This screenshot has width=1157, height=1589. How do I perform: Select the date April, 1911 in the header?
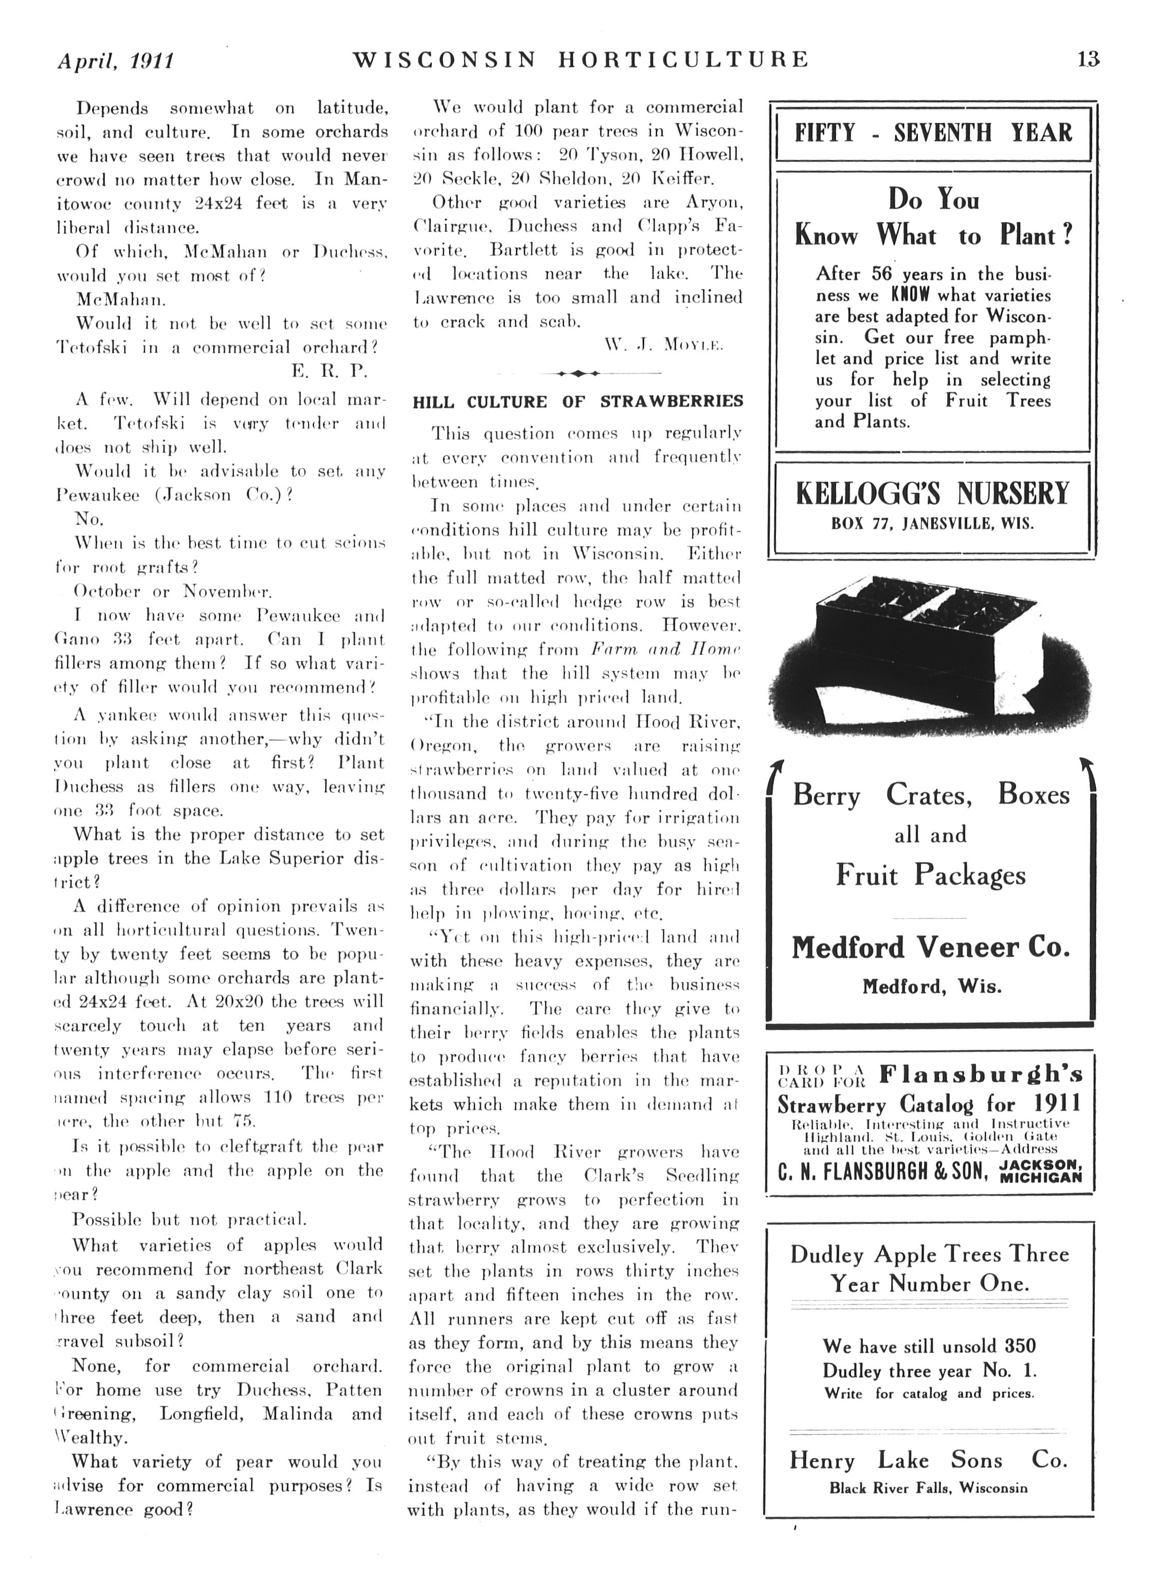click(115, 61)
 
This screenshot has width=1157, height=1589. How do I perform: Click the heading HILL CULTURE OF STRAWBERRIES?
click(577, 401)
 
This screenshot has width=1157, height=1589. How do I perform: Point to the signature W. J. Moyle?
click(662, 345)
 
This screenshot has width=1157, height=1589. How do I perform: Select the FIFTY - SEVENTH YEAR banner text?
click(933, 133)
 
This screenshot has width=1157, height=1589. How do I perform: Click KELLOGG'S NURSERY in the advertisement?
click(932, 493)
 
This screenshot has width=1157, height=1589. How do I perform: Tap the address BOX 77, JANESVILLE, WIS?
click(932, 523)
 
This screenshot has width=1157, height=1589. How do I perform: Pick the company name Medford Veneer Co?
click(931, 947)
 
